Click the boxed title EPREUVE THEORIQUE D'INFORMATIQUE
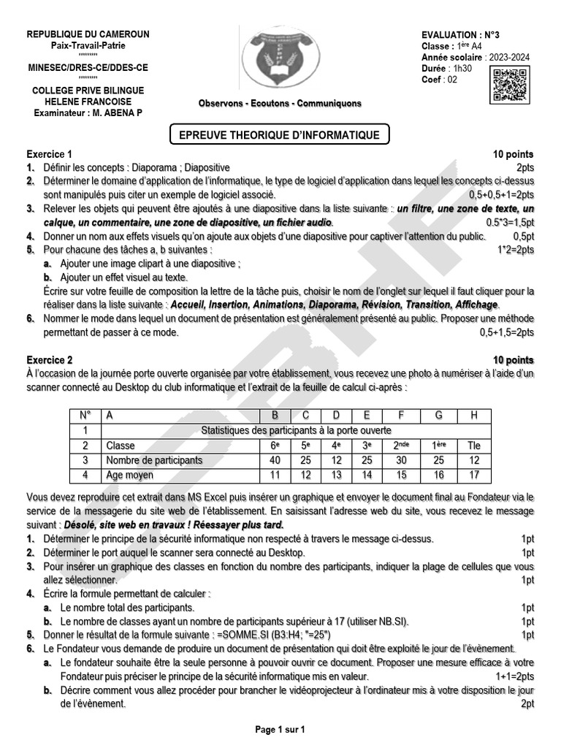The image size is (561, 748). pos(280,135)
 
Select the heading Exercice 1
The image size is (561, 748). pos(50,155)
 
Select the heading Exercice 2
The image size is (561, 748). pos(50,360)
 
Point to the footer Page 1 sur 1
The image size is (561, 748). pos(280,729)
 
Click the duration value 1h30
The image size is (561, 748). pos(463,69)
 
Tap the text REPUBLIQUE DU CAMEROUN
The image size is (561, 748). pos(88,34)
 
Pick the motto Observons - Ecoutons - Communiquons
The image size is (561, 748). pos(280,104)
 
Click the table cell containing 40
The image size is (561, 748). pos(275,460)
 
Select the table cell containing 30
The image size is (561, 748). pos(402,460)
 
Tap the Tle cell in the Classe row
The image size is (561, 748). pos(475,446)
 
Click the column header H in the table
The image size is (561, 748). pos(475,416)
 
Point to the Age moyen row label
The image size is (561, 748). pos(130,476)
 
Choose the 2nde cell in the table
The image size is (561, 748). pos(402,446)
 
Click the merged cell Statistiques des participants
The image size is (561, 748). pos(296,430)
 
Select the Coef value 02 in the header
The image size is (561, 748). pos(452,80)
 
